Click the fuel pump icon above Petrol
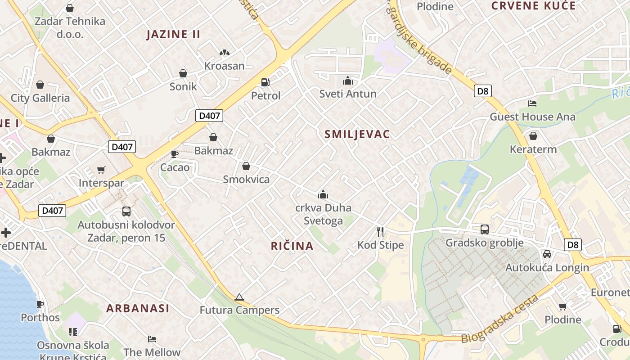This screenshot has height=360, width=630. pyautogui.click(x=265, y=82)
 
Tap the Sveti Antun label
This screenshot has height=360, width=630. pyautogui.click(x=348, y=94)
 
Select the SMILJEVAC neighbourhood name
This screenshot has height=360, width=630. pyautogui.click(x=357, y=134)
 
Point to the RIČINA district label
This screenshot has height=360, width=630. pyautogui.click(x=292, y=246)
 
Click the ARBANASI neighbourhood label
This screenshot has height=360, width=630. pyautogui.click(x=138, y=308)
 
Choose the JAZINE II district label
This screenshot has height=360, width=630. pyautogui.click(x=173, y=34)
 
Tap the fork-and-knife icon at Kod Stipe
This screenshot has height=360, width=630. pyautogui.click(x=380, y=232)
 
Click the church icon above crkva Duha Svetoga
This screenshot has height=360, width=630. pyautogui.click(x=323, y=194)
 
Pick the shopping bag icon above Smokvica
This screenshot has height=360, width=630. pyautogui.click(x=246, y=166)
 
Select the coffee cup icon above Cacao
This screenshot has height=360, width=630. pyautogui.click(x=175, y=154)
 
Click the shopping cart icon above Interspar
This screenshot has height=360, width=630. pyautogui.click(x=101, y=170)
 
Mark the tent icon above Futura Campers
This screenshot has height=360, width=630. pyautogui.click(x=239, y=297)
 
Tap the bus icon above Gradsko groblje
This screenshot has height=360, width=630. pyautogui.click(x=485, y=229)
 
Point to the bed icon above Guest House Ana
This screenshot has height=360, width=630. pyautogui.click(x=532, y=103)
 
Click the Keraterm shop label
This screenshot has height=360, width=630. pyautogui.click(x=533, y=149)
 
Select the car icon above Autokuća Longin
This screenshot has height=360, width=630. pyautogui.click(x=547, y=254)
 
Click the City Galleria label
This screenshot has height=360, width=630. pyautogui.click(x=40, y=98)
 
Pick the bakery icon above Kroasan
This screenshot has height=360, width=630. pyautogui.click(x=225, y=53)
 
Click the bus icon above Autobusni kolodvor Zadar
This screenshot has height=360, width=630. pyautogui.click(x=126, y=211)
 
